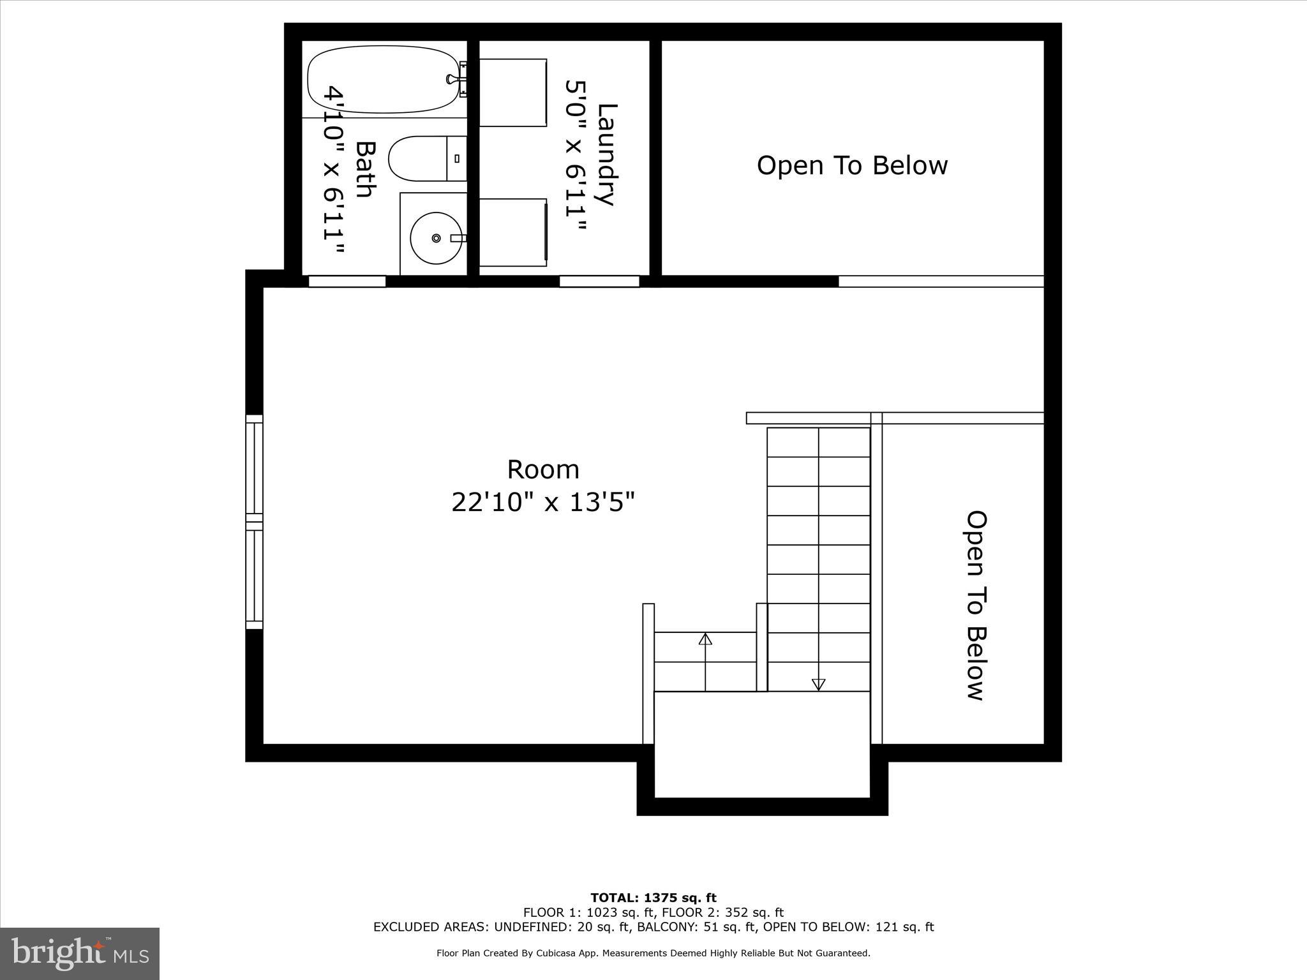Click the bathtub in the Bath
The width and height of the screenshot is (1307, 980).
click(383, 81)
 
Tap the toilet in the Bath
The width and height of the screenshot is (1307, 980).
click(424, 158)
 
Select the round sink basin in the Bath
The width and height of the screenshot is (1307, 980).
click(436, 238)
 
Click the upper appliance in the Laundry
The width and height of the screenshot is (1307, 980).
click(512, 93)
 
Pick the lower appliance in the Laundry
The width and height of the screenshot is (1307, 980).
click(512, 232)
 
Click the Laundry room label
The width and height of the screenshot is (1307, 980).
click(606, 155)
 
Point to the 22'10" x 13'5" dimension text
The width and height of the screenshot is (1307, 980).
click(543, 502)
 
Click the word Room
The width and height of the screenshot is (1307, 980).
click(543, 470)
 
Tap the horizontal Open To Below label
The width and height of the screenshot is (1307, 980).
click(852, 165)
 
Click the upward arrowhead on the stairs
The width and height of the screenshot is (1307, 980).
click(705, 639)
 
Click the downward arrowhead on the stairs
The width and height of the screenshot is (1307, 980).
click(818, 685)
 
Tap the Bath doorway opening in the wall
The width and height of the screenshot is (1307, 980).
click(347, 281)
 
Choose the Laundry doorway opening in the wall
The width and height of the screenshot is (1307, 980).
click(599, 281)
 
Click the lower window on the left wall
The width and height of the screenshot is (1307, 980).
click(254, 576)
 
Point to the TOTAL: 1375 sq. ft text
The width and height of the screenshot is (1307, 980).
click(653, 898)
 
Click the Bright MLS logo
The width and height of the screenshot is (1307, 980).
click(80, 954)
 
